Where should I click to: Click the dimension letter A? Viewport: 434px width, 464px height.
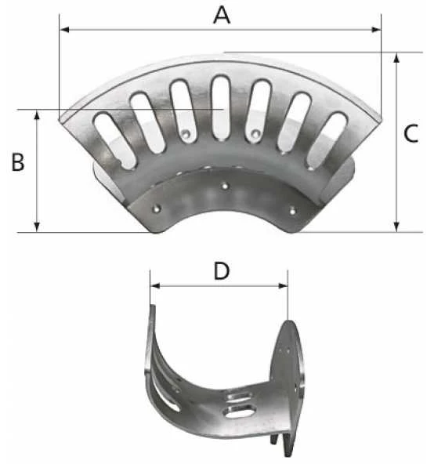click(x=222, y=16)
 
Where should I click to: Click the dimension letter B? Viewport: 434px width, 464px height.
click(x=18, y=162)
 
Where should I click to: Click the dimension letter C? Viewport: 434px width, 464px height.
click(x=411, y=133)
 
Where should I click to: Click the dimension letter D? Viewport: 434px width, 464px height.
click(x=222, y=271)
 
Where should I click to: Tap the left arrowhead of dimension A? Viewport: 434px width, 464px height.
click(x=64, y=30)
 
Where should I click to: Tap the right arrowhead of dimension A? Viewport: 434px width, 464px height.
click(x=376, y=30)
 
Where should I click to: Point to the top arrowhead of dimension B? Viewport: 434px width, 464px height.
click(x=37, y=114)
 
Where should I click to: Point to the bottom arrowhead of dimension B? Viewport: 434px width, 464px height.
click(x=37, y=227)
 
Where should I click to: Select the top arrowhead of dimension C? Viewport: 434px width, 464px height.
click(x=396, y=58)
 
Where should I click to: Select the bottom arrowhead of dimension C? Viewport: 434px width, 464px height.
click(x=396, y=227)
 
